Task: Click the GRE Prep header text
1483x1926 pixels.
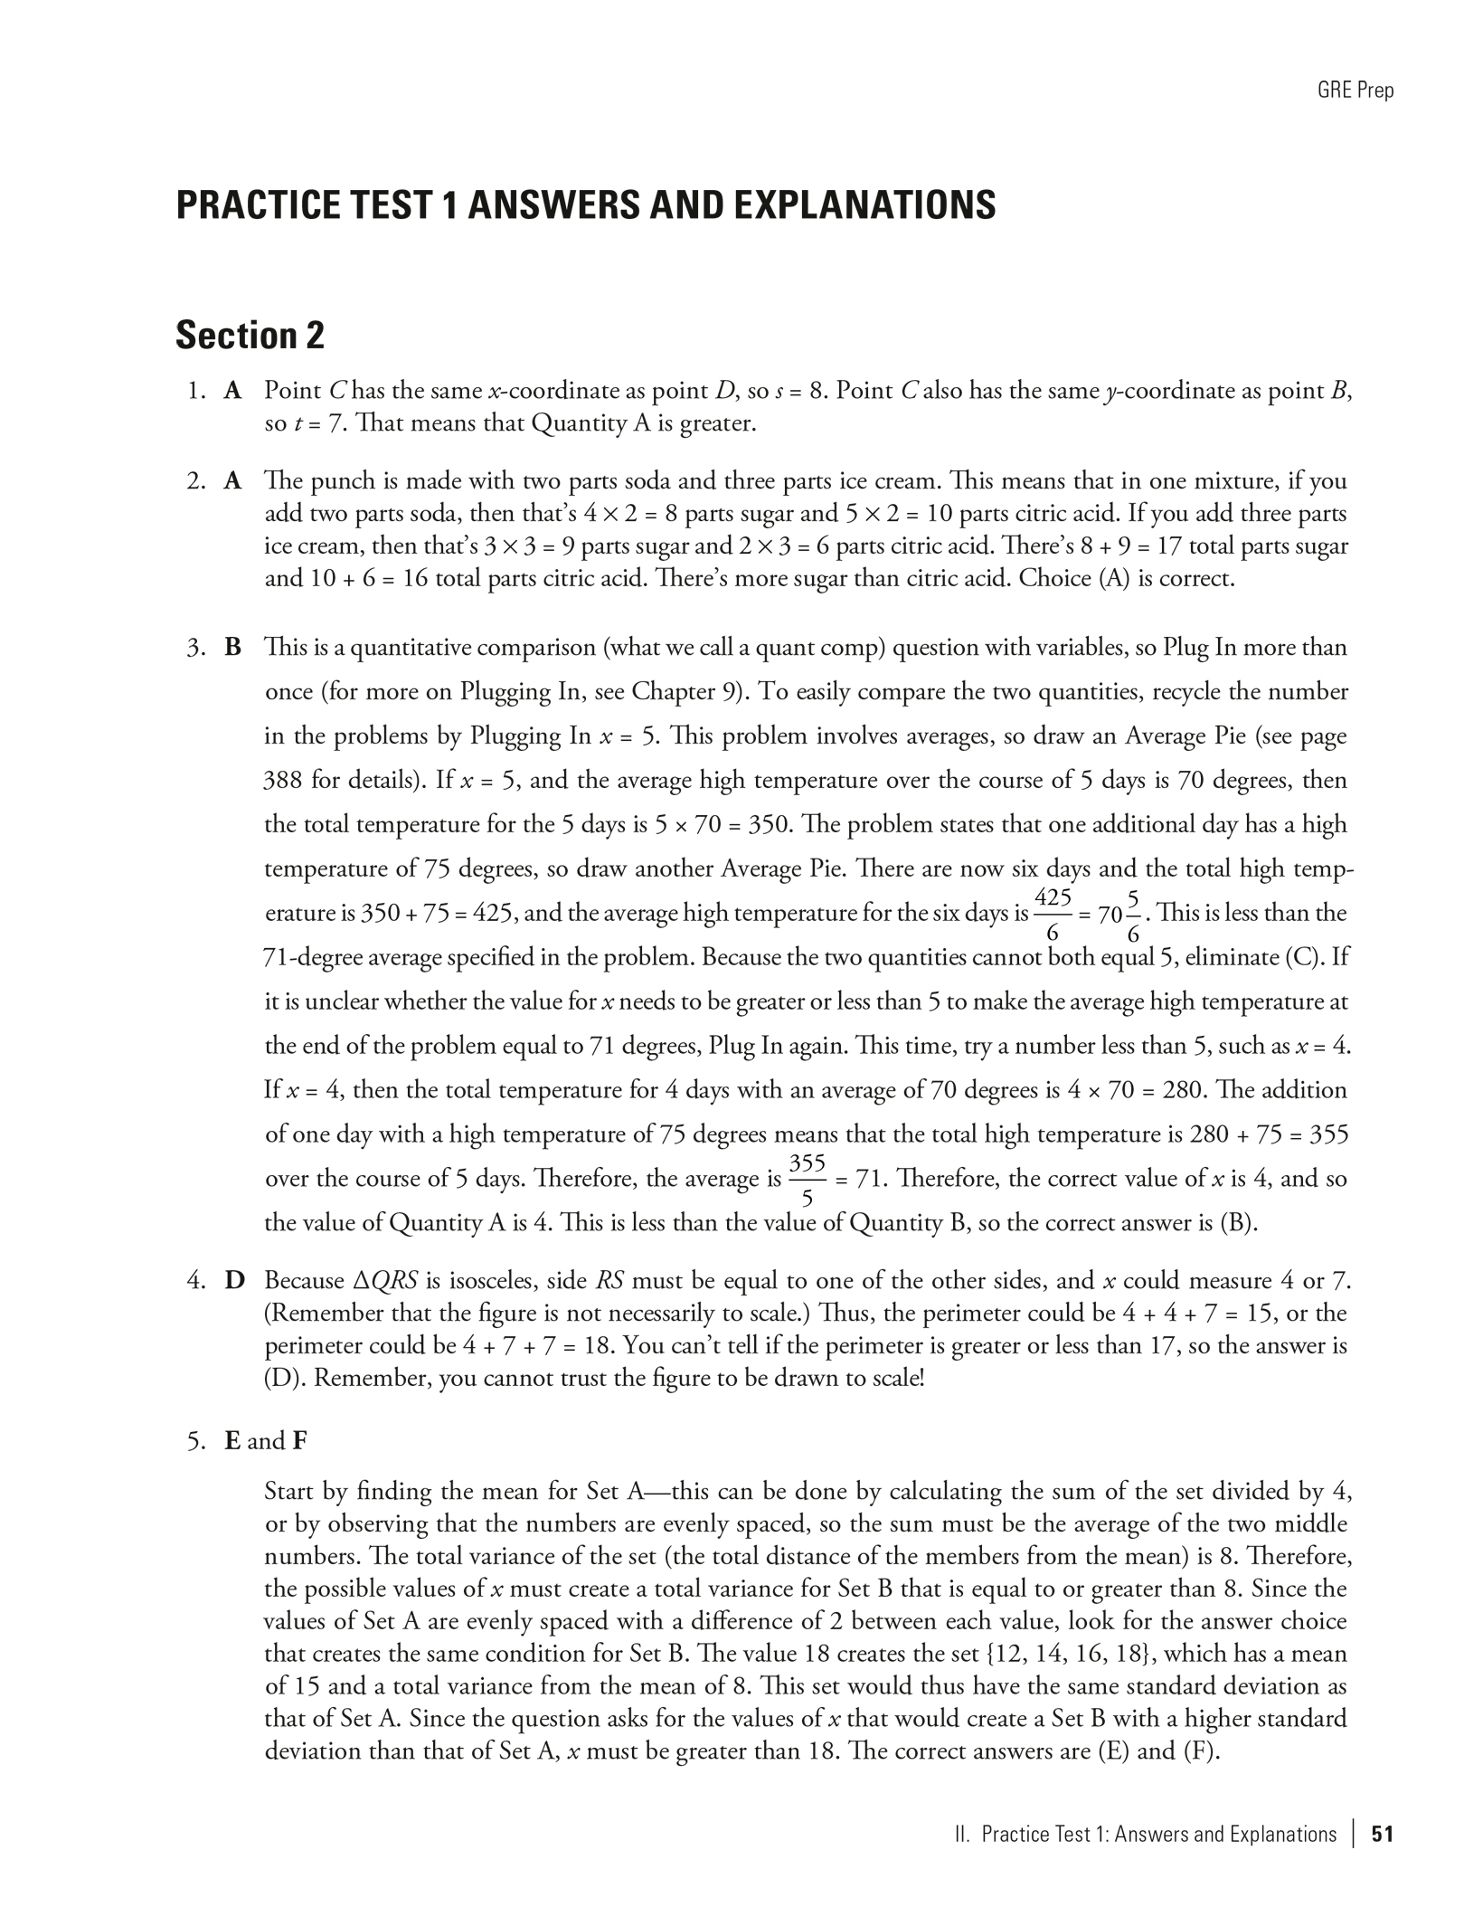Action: coord(1355,90)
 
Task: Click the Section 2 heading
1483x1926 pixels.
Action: coord(250,336)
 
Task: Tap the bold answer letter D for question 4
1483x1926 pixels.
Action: coord(234,1281)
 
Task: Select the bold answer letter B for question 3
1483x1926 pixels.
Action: coord(233,648)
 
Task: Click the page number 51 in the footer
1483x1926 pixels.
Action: coord(1382,1834)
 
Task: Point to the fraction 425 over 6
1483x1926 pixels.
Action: coord(1053,914)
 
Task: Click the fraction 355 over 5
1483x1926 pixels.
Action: coord(808,1180)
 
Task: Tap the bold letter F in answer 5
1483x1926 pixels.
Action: coord(300,1440)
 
